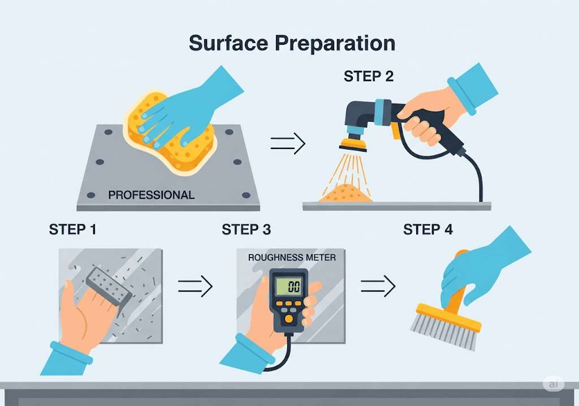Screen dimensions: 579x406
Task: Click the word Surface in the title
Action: click(228, 43)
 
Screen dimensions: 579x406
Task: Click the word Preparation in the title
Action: click(335, 44)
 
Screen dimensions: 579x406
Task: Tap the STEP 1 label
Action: click(73, 230)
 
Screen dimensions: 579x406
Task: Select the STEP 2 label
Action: click(369, 76)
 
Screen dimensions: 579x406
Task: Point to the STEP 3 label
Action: click(247, 230)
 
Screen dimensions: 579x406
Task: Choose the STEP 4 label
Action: click(427, 230)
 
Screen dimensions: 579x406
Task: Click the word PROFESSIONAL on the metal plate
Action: click(152, 195)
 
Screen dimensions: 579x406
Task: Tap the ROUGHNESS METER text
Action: click(292, 257)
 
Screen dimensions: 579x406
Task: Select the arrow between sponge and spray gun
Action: click(288, 143)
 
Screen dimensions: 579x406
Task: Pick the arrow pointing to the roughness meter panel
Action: click(195, 286)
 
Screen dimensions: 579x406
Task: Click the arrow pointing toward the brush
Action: click(378, 286)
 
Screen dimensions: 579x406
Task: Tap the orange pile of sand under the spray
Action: click(345, 194)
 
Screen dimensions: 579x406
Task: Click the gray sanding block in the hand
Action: click(109, 286)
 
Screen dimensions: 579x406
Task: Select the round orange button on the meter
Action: click(289, 319)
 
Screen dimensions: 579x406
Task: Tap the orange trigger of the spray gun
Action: click(396, 131)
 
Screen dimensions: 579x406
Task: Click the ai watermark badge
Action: click(553, 384)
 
